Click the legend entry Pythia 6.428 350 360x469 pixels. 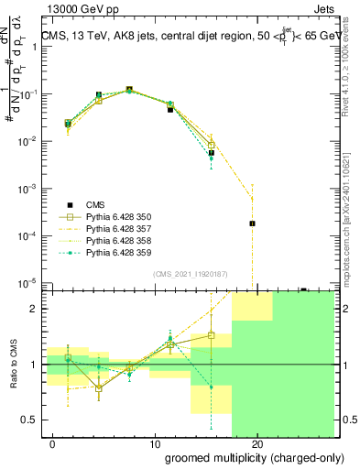pos(115,216)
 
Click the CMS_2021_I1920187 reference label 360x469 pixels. pos(189,274)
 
